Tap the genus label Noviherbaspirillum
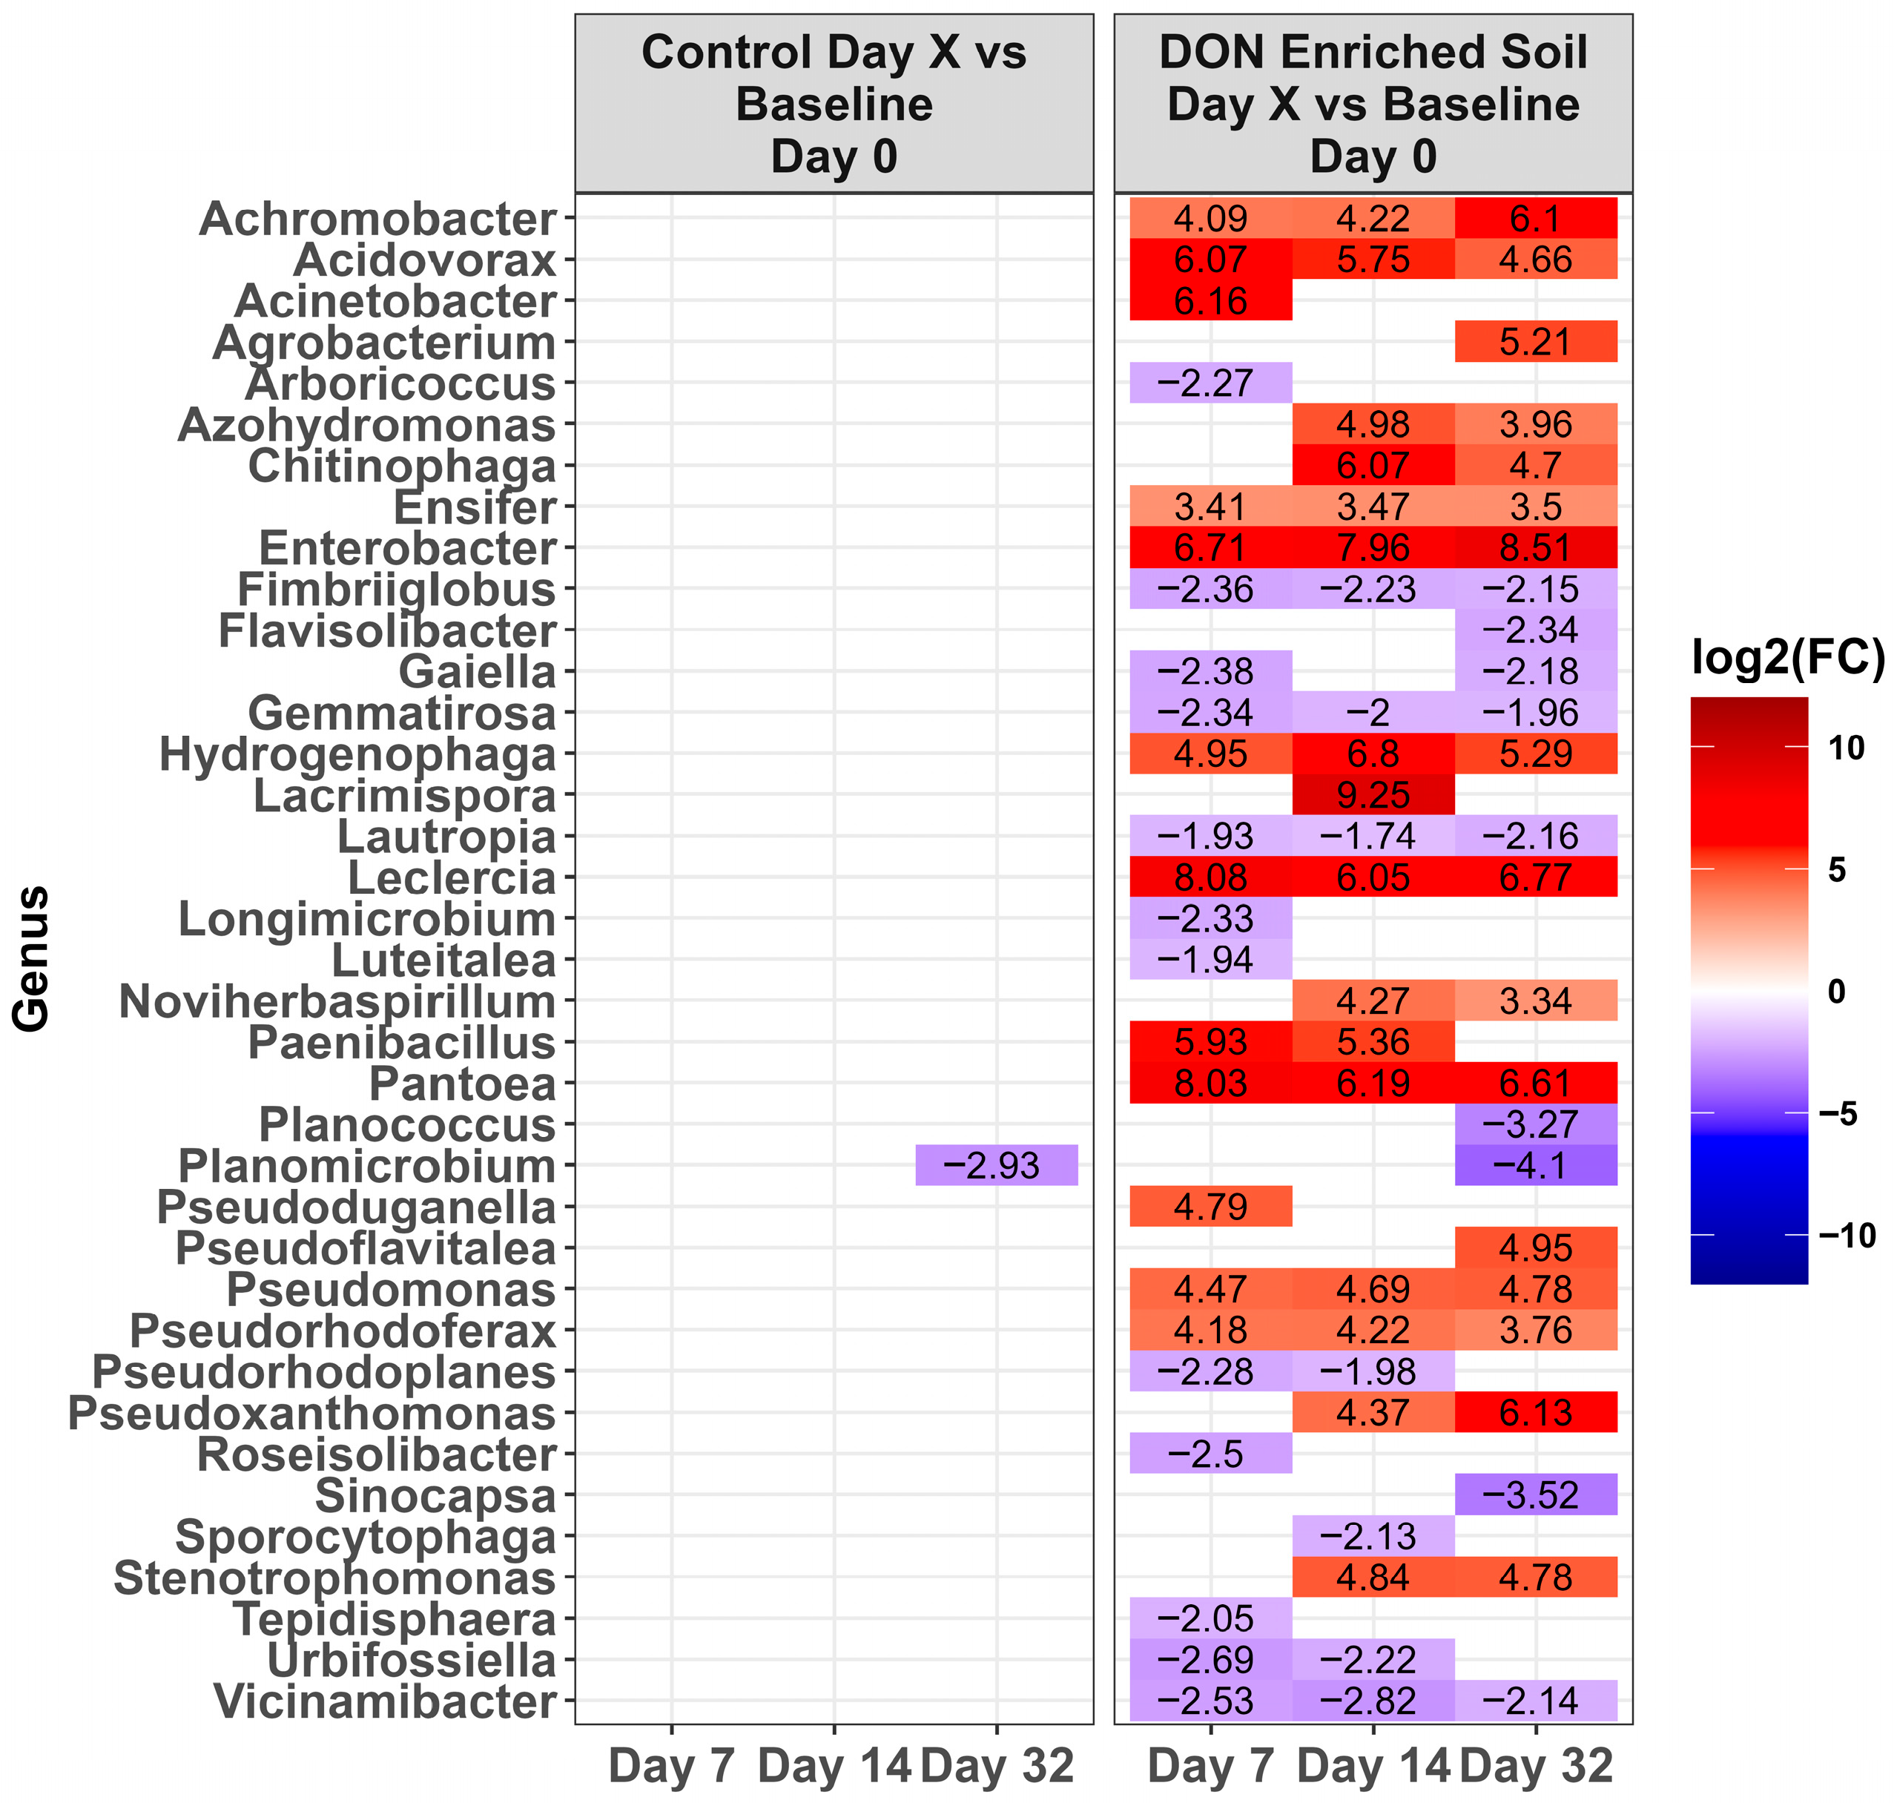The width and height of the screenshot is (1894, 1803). click(337, 1001)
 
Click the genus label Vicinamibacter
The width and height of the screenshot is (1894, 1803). click(384, 1701)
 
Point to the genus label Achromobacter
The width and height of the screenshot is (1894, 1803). click(377, 219)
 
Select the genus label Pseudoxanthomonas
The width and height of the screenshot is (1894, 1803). click(312, 1413)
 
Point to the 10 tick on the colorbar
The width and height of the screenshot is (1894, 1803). click(1845, 747)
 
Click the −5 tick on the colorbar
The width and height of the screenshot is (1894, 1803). click(1838, 1113)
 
